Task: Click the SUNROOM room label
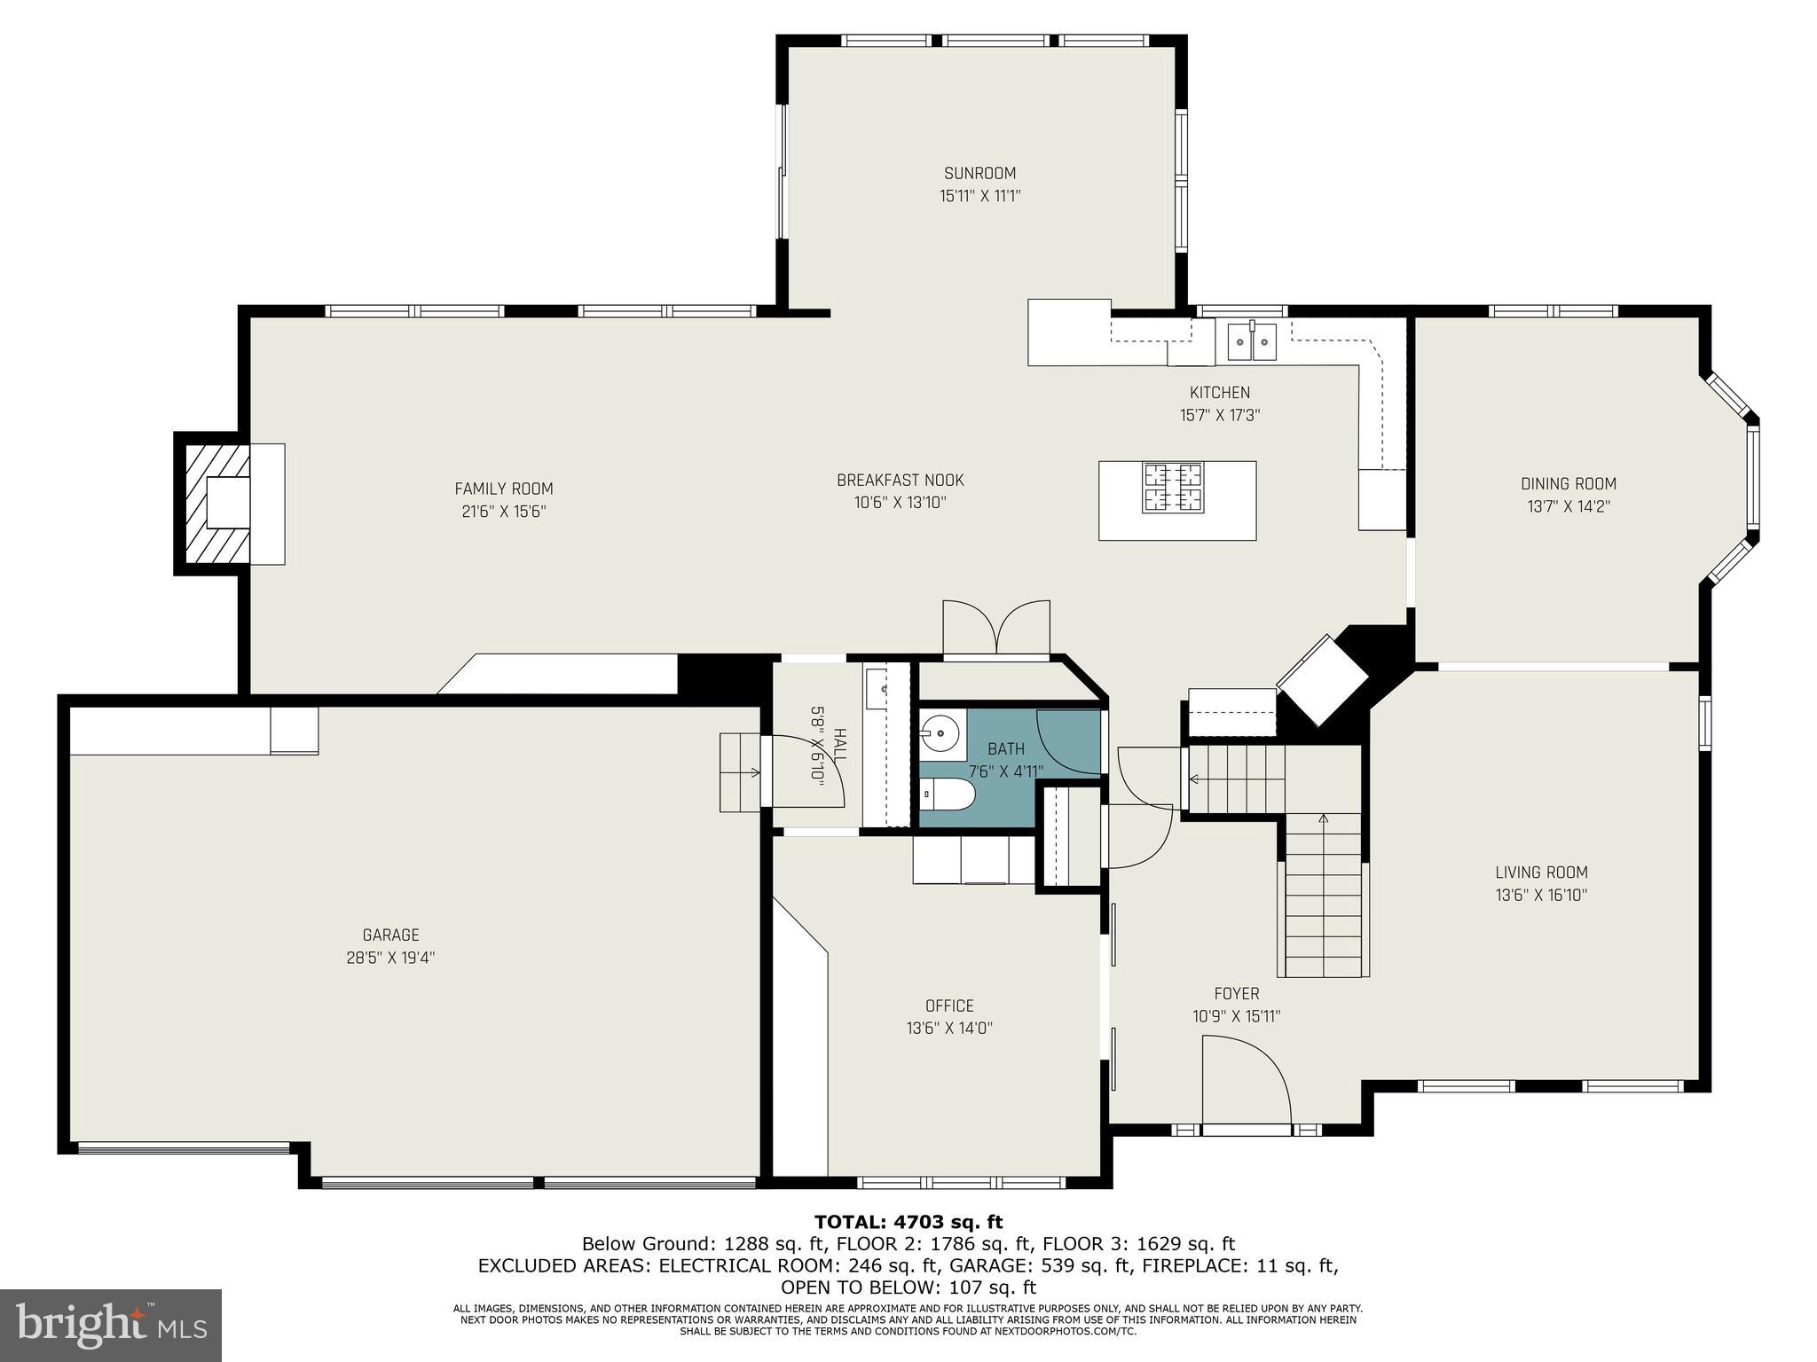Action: coord(979,173)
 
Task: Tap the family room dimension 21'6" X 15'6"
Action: coord(503,512)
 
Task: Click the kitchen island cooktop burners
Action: coord(1172,489)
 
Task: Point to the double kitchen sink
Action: coord(1252,340)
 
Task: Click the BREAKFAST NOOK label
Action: coord(900,480)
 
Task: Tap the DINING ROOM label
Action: coord(1568,483)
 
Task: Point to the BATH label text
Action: coord(1005,749)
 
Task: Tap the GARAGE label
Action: coord(390,935)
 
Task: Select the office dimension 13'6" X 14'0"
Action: coord(948,1029)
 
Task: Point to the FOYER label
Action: coord(1236,994)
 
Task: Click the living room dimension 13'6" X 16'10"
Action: coord(1541,895)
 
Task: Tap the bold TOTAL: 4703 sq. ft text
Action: coord(908,1222)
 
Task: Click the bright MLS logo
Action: coord(111,1326)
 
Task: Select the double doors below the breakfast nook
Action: coord(996,628)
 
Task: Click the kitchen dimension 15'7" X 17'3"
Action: coord(1219,415)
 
